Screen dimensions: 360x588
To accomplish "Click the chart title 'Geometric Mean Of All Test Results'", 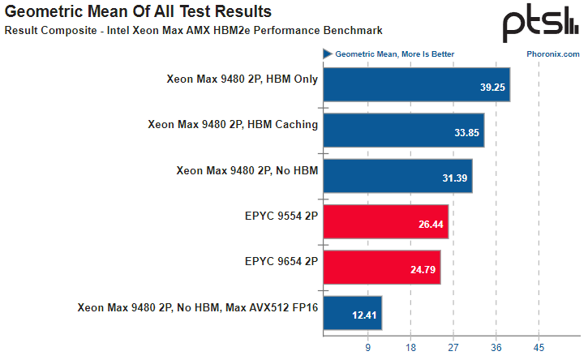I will pos(139,12).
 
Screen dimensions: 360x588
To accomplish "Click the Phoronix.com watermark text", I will pos(552,54).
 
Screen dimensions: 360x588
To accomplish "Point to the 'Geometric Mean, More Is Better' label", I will pos(395,54).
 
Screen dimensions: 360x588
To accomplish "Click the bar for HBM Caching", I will pos(403,125).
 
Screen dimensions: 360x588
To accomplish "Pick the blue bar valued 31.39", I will pos(397,170).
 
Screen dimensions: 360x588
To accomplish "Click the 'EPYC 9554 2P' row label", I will pos(281,216).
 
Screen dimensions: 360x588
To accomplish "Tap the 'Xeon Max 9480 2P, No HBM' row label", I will pos(247,170).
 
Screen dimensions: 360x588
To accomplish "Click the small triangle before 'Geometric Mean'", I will pos(328,54).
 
